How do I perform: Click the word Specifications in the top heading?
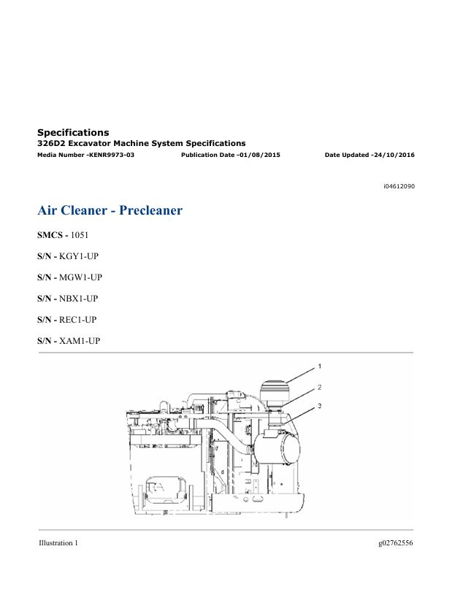click(x=73, y=132)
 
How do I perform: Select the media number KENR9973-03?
click(x=112, y=155)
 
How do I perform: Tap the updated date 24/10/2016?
click(x=394, y=155)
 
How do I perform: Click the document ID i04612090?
click(x=399, y=186)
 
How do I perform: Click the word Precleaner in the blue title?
click(x=150, y=210)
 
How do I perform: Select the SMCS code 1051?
click(x=80, y=235)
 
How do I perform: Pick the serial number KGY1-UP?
click(x=79, y=256)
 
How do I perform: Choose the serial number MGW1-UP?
click(x=80, y=277)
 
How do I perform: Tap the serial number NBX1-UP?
click(x=79, y=299)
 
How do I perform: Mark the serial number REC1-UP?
click(x=78, y=320)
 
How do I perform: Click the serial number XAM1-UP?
click(x=80, y=341)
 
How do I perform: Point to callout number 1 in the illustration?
click(x=320, y=366)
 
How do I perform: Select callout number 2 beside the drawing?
click(x=320, y=388)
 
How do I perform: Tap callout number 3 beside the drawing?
click(x=320, y=406)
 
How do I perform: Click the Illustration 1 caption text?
click(x=58, y=543)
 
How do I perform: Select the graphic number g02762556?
click(x=395, y=543)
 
